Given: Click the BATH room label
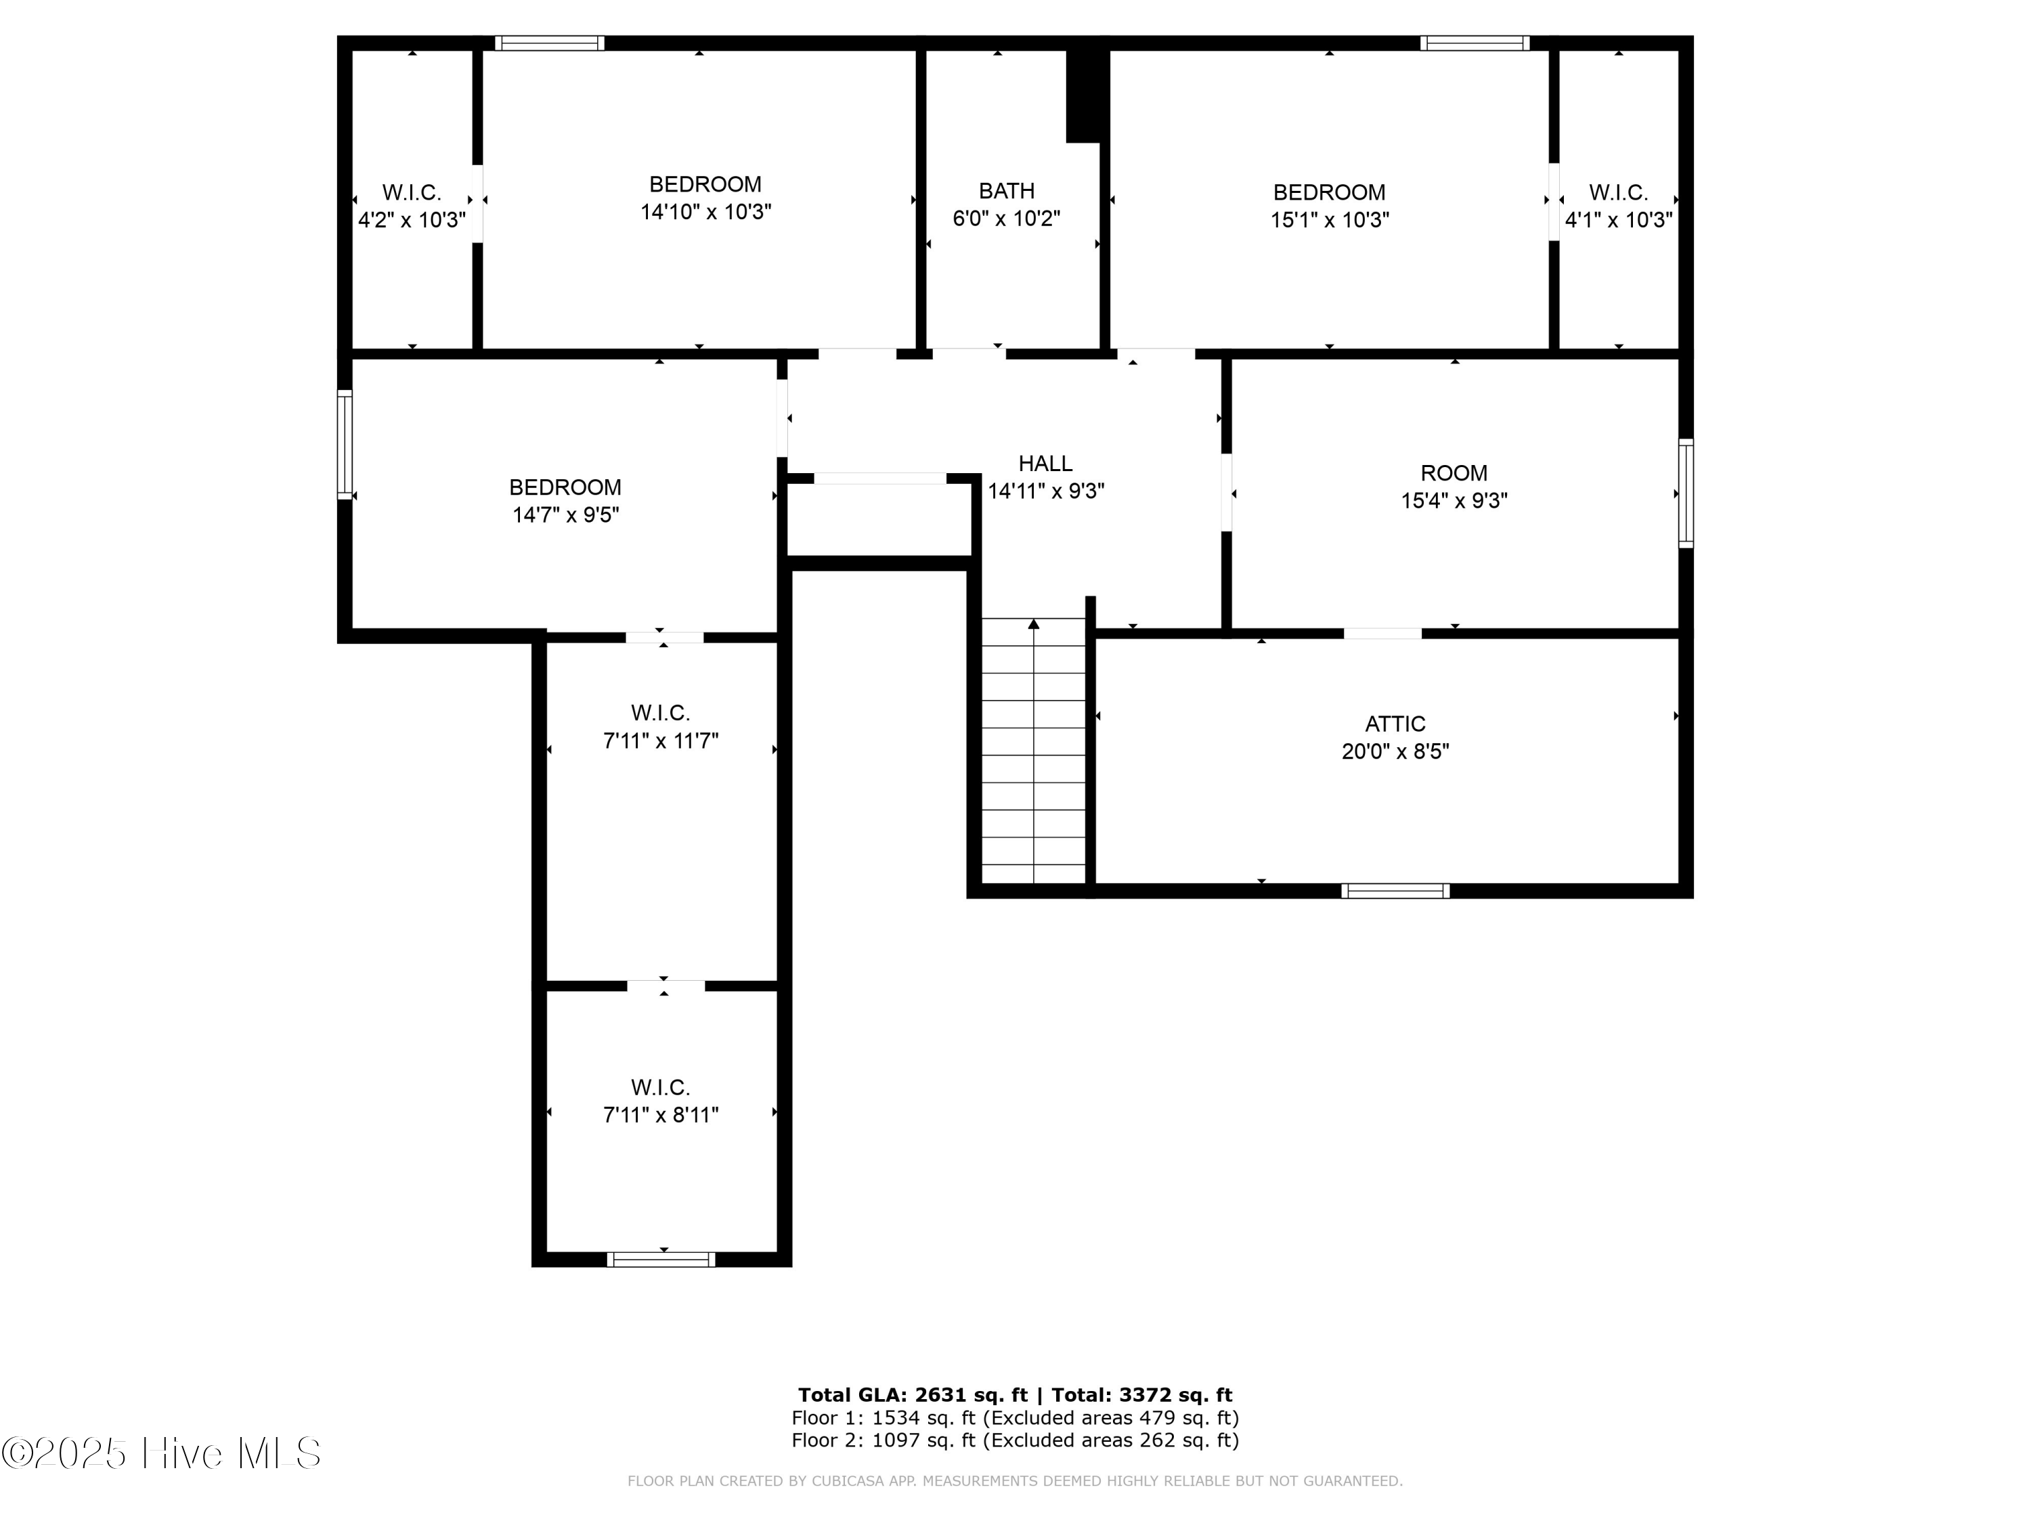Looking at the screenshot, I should (1006, 191).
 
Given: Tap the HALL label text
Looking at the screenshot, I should (1045, 464).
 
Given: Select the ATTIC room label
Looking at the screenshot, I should (1395, 724).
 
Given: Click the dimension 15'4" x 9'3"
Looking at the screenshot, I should (1454, 500).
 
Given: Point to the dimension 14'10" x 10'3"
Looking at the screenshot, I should (705, 212).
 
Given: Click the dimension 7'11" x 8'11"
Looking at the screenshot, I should (660, 1114).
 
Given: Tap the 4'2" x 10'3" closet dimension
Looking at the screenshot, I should (412, 220).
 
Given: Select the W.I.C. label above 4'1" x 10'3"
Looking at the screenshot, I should (1618, 193).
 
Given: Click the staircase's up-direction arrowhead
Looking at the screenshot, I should (1034, 624).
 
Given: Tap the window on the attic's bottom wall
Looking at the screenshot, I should (1395, 891).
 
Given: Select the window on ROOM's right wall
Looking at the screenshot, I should (1686, 494).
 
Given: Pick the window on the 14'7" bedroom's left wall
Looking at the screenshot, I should (345, 445).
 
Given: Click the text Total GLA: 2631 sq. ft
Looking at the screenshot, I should (912, 1395).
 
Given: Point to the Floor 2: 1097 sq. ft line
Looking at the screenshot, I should (1015, 1440).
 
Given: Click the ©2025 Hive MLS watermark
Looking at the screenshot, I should (160, 1453).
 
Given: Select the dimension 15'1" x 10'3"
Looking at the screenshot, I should (1328, 220).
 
